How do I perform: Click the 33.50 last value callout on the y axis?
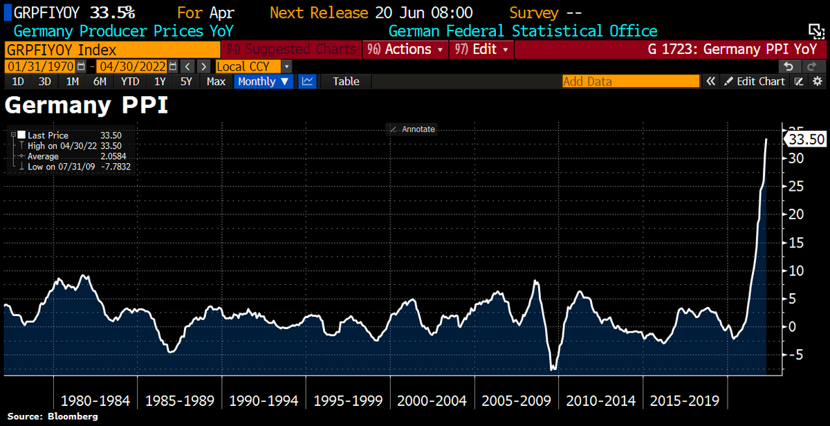tap(806, 140)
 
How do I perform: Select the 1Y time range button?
tap(160, 82)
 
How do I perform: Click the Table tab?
tap(346, 82)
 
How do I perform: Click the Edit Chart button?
tap(755, 82)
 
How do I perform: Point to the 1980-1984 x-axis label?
tap(95, 401)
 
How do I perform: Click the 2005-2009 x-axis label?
tap(517, 401)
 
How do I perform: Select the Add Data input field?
tap(630, 82)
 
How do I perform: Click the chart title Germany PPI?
tap(86, 106)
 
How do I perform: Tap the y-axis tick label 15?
tap(795, 243)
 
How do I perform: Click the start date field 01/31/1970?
tap(40, 66)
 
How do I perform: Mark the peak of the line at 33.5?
tap(766, 140)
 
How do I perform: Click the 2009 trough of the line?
tap(553, 370)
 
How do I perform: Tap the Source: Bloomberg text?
tap(53, 417)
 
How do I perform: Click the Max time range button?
tap(216, 82)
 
